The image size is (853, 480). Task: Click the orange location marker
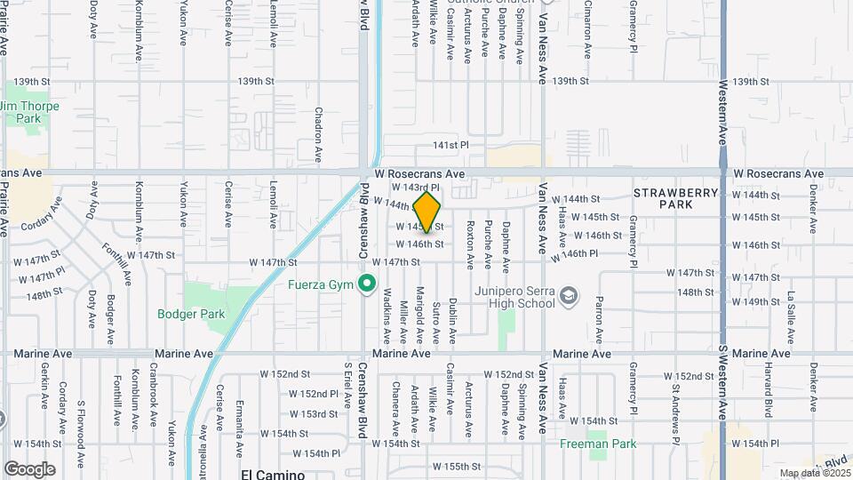(426, 212)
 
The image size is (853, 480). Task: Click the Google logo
(29, 468)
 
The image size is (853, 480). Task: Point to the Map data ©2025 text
(815, 473)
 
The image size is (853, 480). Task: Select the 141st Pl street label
(450, 145)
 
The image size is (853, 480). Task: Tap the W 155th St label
(462, 466)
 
